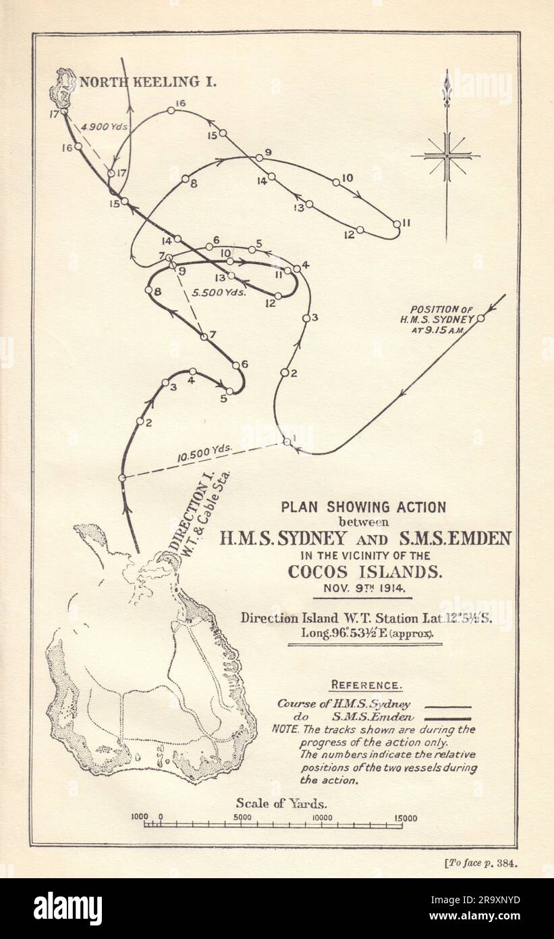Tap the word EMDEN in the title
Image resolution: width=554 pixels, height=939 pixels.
478,538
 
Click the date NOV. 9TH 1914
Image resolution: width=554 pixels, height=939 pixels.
362,588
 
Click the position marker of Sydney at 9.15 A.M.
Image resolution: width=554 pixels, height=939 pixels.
480,318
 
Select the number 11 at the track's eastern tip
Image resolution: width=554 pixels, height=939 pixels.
406,222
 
